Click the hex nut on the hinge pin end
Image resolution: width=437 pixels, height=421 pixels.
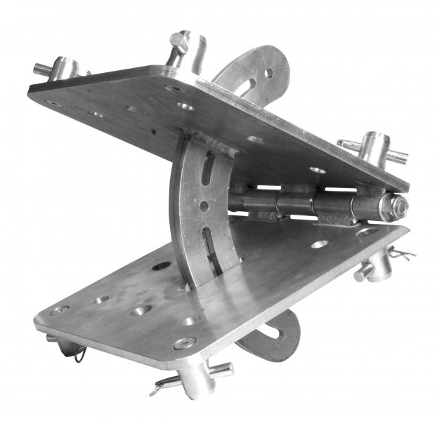click(398, 206)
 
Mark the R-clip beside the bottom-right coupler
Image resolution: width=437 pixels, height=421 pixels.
click(400, 253)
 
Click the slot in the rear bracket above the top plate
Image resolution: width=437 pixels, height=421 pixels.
click(247, 85)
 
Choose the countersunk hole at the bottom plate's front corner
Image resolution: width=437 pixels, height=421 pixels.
click(184, 343)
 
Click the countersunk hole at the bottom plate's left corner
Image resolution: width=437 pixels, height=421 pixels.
click(60, 309)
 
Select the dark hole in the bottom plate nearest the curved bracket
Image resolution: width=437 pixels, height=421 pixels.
click(162, 267)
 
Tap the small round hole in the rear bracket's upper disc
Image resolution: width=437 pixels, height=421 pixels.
click(268, 72)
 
